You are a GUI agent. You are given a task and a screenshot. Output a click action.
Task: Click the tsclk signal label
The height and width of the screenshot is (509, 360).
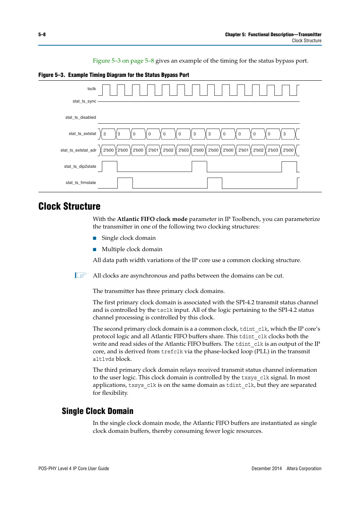pos(92,89)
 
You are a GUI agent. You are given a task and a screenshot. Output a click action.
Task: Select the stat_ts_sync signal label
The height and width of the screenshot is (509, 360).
pos(84,101)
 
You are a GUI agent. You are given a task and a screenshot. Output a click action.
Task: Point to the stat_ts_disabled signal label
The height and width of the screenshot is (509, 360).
pos(80,118)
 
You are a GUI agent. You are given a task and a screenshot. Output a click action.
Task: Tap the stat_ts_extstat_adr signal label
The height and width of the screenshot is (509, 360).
pos(78,150)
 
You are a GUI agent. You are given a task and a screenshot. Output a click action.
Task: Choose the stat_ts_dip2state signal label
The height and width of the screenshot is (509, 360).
pos(80,167)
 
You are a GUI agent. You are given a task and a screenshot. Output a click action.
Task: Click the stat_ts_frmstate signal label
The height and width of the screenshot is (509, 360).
pos(81,183)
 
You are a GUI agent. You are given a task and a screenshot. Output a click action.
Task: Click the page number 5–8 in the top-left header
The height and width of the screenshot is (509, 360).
pos(42,35)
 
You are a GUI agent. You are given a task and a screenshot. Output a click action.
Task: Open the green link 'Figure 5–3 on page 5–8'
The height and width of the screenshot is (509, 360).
pos(123,61)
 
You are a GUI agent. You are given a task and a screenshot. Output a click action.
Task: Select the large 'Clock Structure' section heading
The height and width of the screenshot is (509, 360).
pos(69,206)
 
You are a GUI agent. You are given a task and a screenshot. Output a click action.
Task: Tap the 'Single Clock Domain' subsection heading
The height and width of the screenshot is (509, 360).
pos(97,411)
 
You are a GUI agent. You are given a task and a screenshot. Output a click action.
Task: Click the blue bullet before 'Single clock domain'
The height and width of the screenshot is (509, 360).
pos(95,238)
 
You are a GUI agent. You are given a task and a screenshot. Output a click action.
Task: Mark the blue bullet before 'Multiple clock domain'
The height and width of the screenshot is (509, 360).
pos(95,250)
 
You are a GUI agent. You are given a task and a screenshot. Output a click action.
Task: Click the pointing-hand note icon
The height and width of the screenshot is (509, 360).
pos(81,275)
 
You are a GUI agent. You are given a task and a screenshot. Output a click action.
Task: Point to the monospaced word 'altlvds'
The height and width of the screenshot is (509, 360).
pos(103,359)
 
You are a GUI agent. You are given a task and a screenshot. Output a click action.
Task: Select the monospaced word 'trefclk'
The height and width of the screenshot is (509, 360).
pos(172,352)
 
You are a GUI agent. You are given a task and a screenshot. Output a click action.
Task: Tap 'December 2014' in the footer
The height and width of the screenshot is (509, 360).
pos(266,469)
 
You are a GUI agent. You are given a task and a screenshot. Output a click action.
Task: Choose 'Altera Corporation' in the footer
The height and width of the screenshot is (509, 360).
pos(304,469)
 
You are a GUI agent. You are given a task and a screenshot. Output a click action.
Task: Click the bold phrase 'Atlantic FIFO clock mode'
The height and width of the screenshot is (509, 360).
pos(152,219)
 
